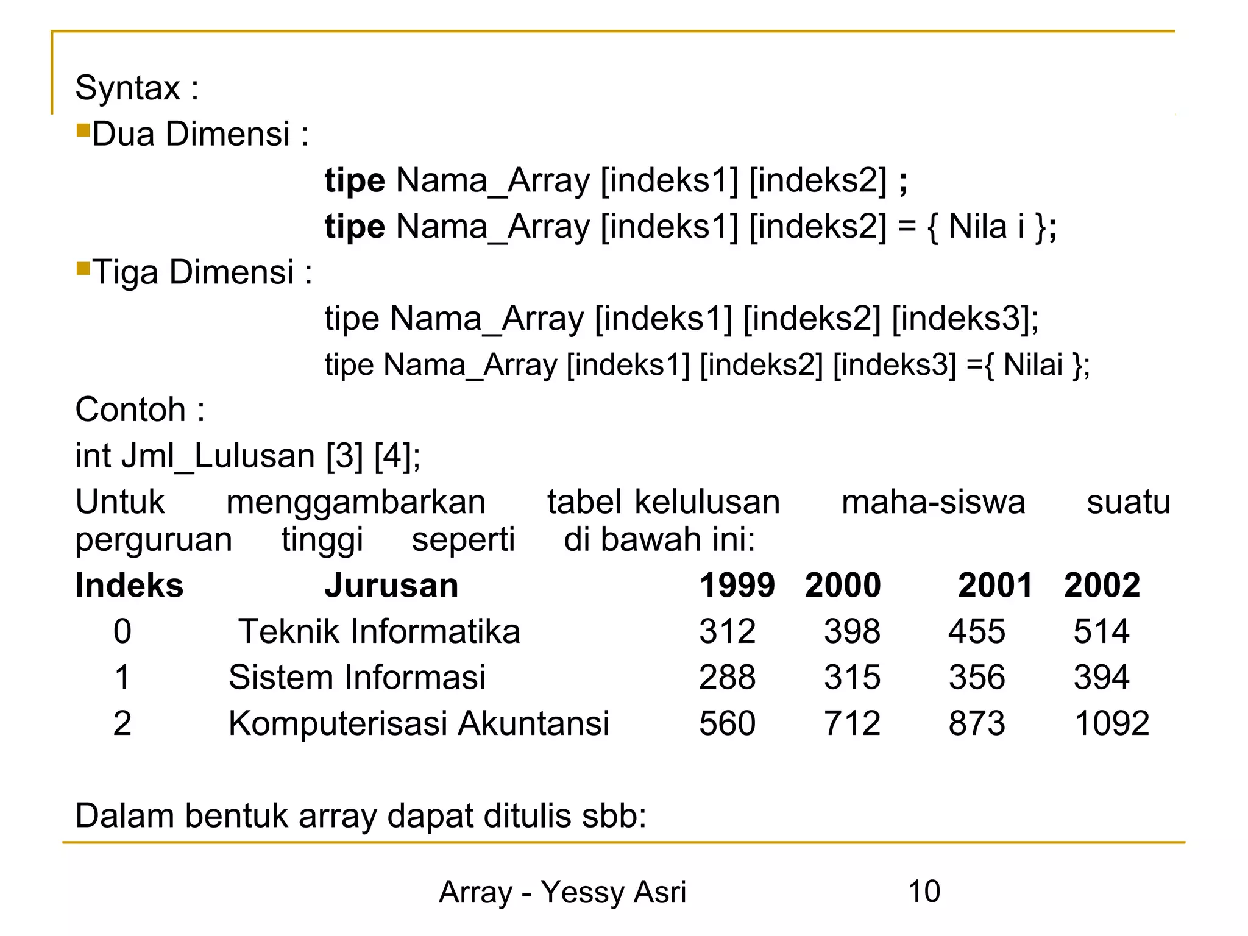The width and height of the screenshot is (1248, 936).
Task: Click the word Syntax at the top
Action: [127, 88]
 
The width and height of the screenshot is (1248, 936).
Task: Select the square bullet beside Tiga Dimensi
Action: [83, 269]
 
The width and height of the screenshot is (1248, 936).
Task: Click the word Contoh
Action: [130, 409]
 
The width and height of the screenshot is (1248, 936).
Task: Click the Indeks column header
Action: [129, 586]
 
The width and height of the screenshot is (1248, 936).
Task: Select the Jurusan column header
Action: [391, 586]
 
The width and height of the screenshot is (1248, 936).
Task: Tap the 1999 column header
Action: [737, 586]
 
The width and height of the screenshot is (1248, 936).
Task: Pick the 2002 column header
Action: [1102, 586]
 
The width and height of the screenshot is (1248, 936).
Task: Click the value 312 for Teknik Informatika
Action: [727, 631]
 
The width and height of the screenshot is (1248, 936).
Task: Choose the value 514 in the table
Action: [1101, 631]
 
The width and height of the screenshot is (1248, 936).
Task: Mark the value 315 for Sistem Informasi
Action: [852, 678]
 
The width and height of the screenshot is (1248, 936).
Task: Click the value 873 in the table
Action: [976, 724]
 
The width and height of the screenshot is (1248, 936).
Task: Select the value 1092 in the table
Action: [1111, 724]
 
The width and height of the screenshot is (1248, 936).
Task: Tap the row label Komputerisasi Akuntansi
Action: [419, 724]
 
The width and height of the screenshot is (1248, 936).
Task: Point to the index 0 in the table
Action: [122, 631]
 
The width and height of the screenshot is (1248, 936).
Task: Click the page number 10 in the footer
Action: [924, 892]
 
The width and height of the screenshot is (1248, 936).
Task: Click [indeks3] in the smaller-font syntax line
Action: [895, 365]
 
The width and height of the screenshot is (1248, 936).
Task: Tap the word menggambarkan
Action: [356, 503]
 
